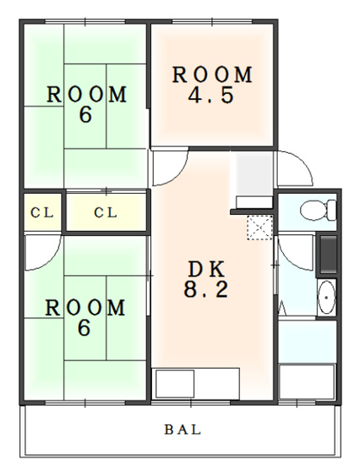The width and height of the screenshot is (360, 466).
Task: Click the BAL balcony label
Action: pyautogui.click(x=183, y=430)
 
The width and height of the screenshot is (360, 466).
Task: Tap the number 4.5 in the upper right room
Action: pyautogui.click(x=211, y=95)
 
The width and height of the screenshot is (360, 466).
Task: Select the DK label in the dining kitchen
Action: pyautogui.click(x=206, y=270)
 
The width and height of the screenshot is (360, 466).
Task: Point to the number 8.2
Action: pyautogui.click(x=206, y=289)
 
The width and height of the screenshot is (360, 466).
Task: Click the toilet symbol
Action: pyautogui.click(x=318, y=210)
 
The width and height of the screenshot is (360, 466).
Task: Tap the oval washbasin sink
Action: pyautogui.click(x=326, y=297)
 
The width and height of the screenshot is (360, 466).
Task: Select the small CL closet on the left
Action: pyautogui.click(x=43, y=212)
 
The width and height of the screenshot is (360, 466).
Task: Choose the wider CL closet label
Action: pyautogui.click(x=106, y=212)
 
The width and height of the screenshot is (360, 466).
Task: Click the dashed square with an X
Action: pyautogui.click(x=260, y=228)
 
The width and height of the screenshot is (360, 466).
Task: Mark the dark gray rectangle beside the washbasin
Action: pyautogui.click(x=328, y=254)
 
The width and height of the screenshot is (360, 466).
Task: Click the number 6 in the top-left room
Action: pyautogui.click(x=86, y=114)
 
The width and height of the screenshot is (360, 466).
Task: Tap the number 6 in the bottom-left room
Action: pyautogui.click(x=84, y=327)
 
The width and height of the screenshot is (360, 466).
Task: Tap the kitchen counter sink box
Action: pyautogui.click(x=175, y=384)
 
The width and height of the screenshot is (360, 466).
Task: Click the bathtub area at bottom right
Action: pyautogui.click(x=307, y=381)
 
